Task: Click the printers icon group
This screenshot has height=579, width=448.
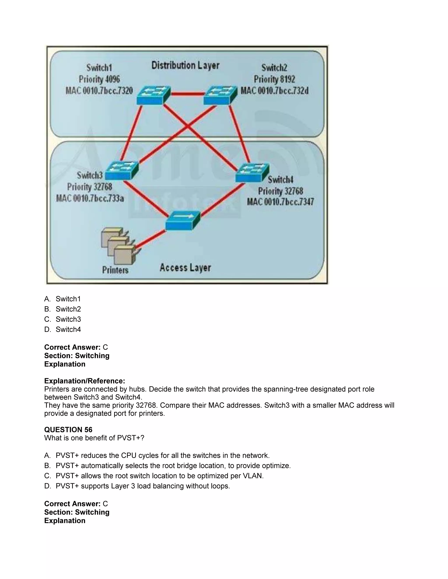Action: (118, 246)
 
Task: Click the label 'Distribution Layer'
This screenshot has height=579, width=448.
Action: (185, 66)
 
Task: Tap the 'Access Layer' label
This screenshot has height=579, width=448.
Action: (185, 268)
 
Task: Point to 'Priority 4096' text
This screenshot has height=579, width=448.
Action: (99, 79)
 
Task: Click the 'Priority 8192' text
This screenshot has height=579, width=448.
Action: (275, 79)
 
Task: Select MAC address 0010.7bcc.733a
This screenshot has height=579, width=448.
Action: (90, 198)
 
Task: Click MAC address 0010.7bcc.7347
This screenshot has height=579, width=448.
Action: (280, 202)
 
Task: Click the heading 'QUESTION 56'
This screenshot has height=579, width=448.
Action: (68, 430)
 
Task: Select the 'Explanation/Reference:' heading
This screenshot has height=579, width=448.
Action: (84, 381)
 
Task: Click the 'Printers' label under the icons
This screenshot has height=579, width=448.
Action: (115, 270)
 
